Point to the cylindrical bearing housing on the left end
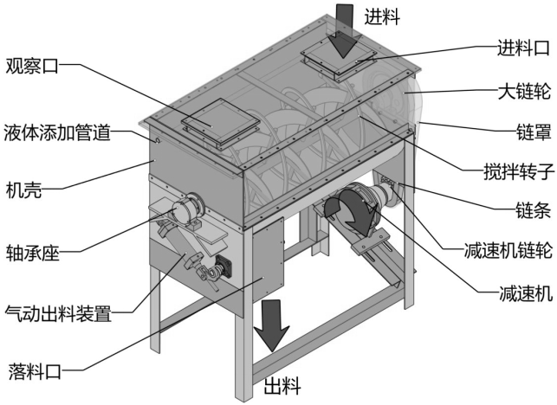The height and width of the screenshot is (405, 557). [x=184, y=210]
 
